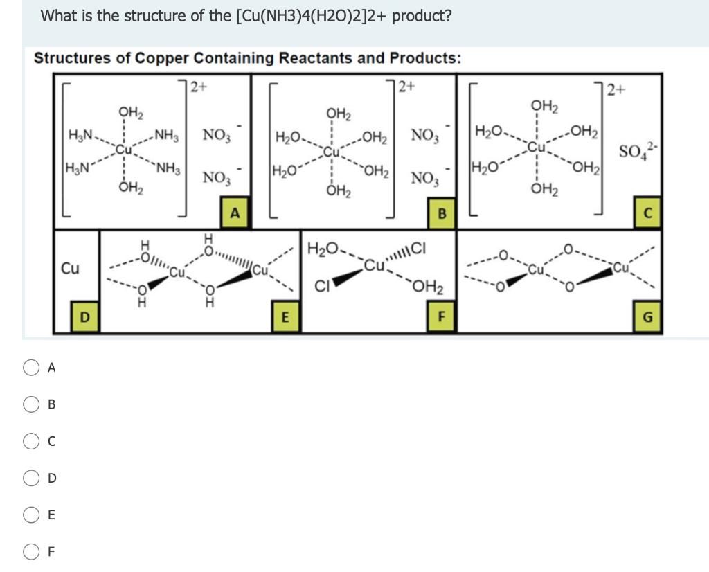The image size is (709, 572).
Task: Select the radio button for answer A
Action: (x=32, y=368)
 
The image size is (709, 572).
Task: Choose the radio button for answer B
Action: (x=32, y=404)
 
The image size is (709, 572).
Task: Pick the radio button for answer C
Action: (x=32, y=441)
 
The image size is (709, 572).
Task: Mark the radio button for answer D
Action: (x=32, y=478)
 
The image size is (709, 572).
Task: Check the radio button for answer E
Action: (x=32, y=515)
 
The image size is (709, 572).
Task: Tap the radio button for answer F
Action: (x=32, y=551)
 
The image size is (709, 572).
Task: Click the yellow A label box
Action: (x=235, y=213)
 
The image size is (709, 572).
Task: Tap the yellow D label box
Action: (x=84, y=317)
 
